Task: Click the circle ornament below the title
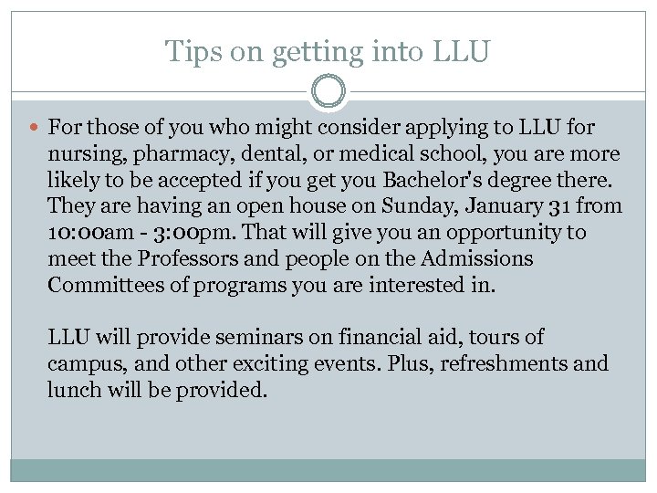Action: click(x=328, y=92)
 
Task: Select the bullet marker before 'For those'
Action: click(x=34, y=128)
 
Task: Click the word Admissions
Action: click(x=477, y=258)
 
